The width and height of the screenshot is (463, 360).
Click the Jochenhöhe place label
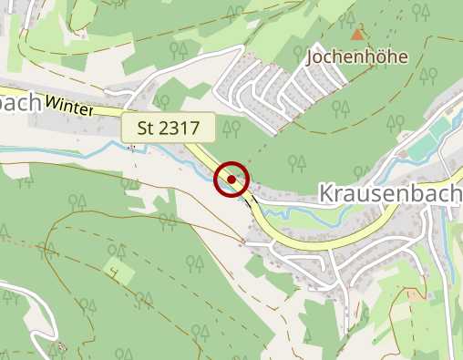tap(356, 57)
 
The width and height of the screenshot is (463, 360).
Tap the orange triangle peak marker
tap(357, 35)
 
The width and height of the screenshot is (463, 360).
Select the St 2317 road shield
tap(169, 128)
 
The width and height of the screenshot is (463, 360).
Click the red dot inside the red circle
tap(231, 180)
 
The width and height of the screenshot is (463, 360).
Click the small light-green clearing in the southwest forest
tap(118, 270)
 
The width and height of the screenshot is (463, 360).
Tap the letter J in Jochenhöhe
tap(312, 57)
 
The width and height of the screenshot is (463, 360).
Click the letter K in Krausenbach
tap(326, 193)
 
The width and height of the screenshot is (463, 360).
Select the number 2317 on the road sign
tap(178, 128)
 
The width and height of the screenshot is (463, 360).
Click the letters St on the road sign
tap(146, 128)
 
